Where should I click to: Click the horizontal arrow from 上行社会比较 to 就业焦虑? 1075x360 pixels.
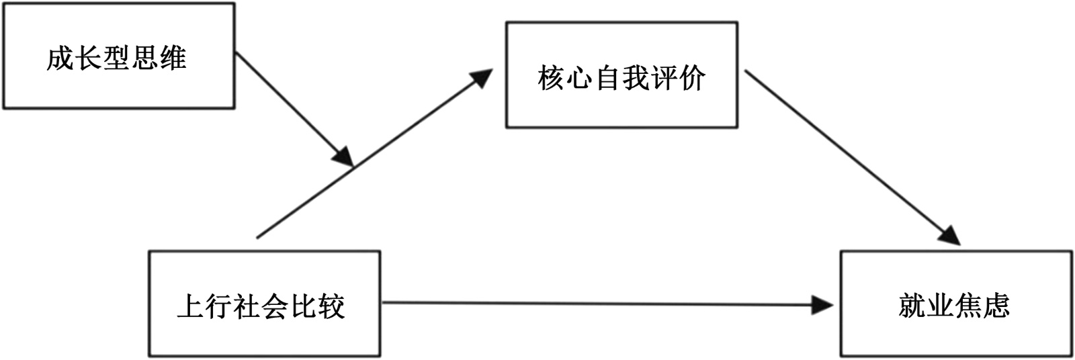click(x=591, y=304)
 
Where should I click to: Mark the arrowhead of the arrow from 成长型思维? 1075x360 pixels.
click(x=343, y=156)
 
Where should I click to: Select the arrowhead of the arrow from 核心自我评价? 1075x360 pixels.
click(x=949, y=235)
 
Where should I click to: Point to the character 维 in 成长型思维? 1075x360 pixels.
click(x=173, y=58)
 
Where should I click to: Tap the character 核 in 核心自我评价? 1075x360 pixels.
click(x=551, y=78)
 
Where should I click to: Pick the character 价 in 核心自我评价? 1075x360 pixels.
click(x=691, y=78)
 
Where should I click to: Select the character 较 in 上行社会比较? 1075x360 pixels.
click(x=331, y=306)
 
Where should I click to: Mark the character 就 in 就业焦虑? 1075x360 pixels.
click(x=912, y=306)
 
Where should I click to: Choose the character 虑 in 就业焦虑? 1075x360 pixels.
click(x=996, y=306)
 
